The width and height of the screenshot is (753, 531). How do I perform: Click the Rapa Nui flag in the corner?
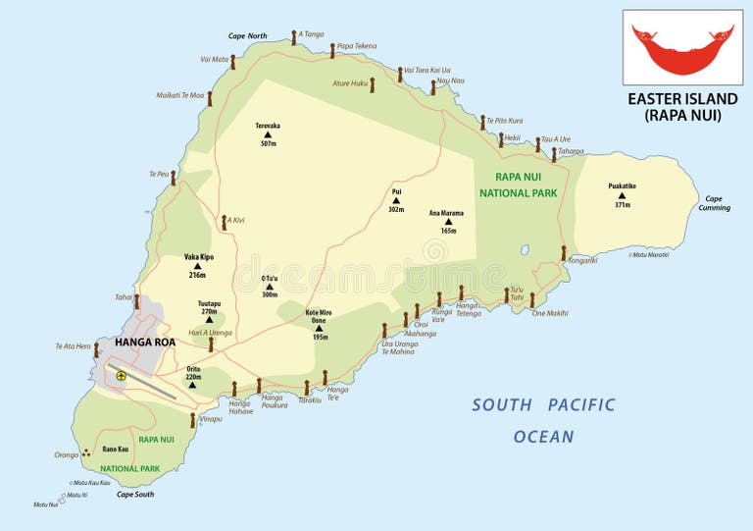pos(682,47)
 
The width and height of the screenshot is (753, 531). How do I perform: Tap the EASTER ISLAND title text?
pos(682,99)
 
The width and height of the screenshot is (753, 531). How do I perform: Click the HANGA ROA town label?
pos(145,343)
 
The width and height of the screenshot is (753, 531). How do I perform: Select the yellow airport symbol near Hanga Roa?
pos(121,374)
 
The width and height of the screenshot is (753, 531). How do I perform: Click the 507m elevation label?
pos(268,144)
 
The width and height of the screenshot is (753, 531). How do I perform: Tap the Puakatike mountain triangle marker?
pos(622,195)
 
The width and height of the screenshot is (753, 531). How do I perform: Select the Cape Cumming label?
pos(714,202)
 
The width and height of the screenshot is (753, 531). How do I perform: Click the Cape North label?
pos(247,36)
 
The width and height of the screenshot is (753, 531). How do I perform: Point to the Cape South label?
pos(135,494)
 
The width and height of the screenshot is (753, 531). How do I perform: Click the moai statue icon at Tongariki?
pos(564,252)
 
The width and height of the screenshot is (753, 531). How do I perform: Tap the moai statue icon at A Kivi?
pos(225,221)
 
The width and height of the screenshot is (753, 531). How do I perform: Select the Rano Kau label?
pos(116,450)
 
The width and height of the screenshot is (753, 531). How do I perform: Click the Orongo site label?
pos(66,454)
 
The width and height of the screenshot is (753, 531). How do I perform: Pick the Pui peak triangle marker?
pos(396,200)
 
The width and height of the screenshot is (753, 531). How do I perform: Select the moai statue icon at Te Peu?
pos(174,178)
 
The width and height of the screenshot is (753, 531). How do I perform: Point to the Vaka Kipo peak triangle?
pos(198,266)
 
